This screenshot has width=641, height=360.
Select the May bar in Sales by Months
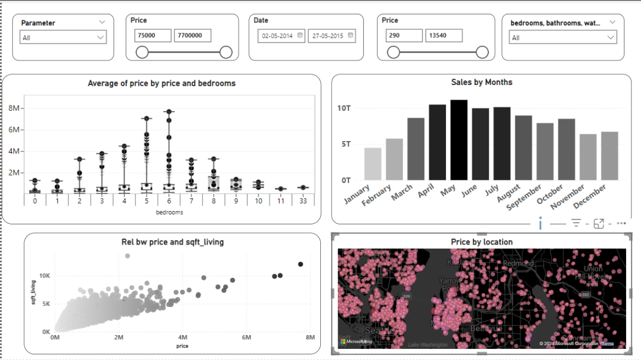[459, 140]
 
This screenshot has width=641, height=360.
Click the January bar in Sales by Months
[373, 164]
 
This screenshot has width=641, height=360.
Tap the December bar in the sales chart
[609, 156]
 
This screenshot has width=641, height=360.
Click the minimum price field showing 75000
[153, 36]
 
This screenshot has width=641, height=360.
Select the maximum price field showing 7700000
[192, 36]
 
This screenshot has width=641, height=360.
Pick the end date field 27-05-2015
[331, 36]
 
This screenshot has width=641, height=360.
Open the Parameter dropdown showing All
[63, 38]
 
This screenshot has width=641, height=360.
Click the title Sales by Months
[481, 82]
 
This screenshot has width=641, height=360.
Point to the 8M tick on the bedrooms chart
[14, 108]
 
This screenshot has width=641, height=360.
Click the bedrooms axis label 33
[303, 201]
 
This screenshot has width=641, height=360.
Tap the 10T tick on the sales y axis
[344, 108]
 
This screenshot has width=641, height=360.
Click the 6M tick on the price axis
[246, 338]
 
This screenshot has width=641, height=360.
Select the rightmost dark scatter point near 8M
[301, 264]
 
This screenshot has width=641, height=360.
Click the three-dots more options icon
[621, 224]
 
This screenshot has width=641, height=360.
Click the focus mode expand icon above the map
[599, 224]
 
